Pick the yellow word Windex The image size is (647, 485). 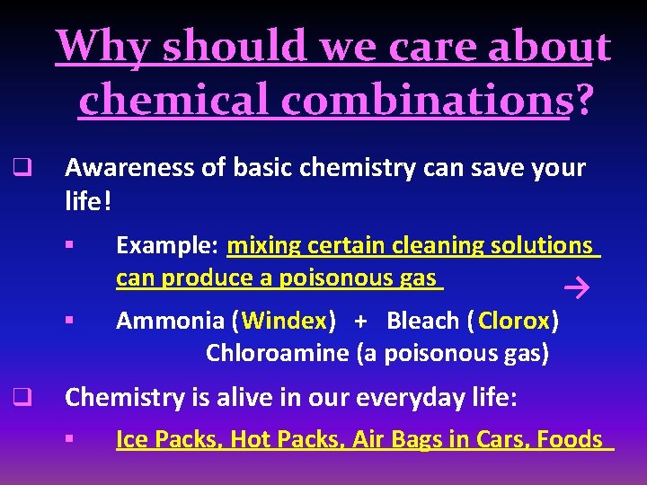(284, 321)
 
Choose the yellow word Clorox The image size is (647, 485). (514, 321)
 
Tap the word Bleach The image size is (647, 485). (421, 321)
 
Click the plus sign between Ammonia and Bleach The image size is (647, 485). (360, 321)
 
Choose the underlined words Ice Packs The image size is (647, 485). (168, 439)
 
